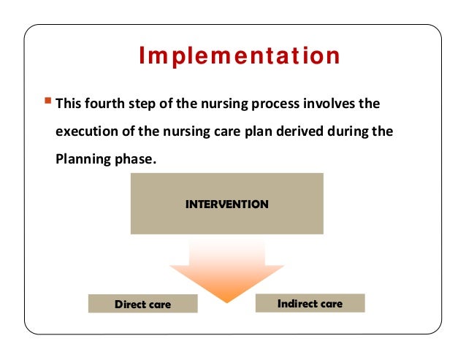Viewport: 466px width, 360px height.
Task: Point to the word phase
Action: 134,159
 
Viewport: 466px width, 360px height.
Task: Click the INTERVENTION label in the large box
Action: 226,204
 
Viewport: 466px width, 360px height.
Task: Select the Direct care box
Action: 142,304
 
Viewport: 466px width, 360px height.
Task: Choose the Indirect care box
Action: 310,303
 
